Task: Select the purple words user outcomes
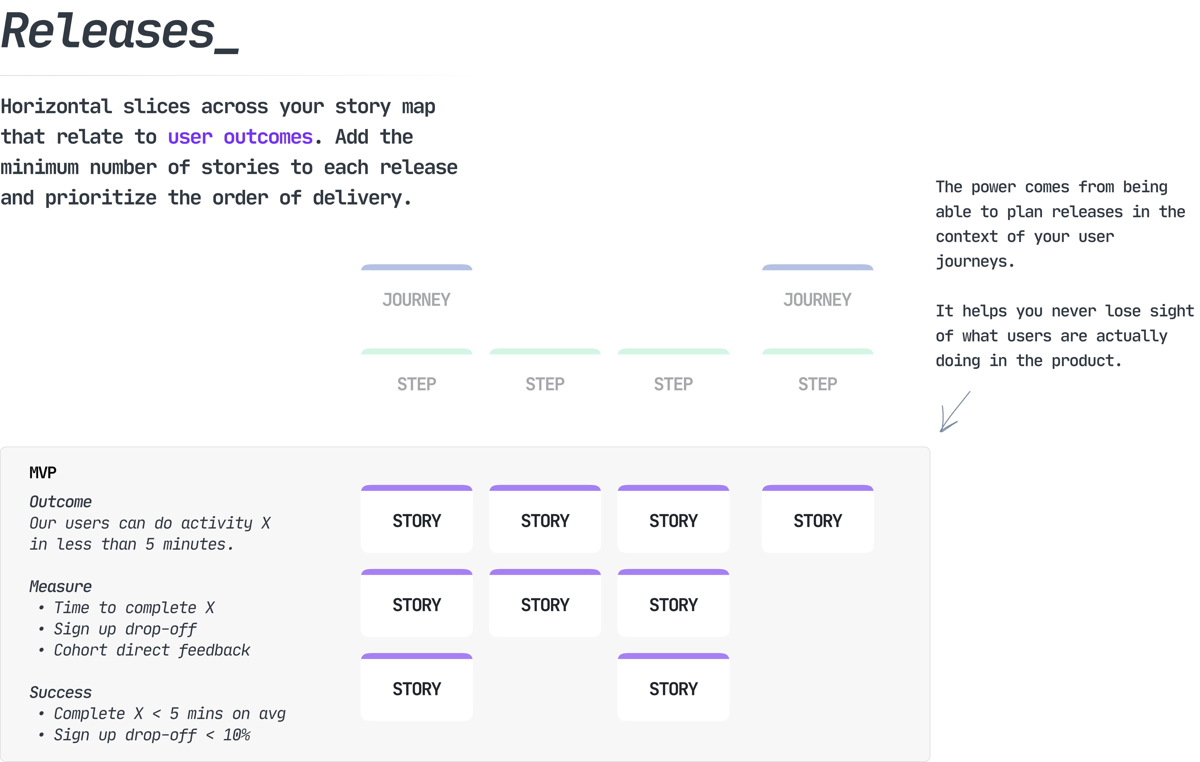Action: [240, 137]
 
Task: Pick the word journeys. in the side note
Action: [974, 261]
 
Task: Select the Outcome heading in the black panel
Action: [60, 502]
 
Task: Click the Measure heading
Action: [60, 586]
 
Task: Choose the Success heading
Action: [60, 692]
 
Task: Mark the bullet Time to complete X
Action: [134, 608]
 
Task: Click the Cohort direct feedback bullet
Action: [152, 650]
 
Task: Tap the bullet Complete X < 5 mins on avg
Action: [169, 714]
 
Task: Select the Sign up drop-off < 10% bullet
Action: [152, 735]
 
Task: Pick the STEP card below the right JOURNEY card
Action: [817, 384]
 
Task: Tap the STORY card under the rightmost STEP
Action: [817, 520]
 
